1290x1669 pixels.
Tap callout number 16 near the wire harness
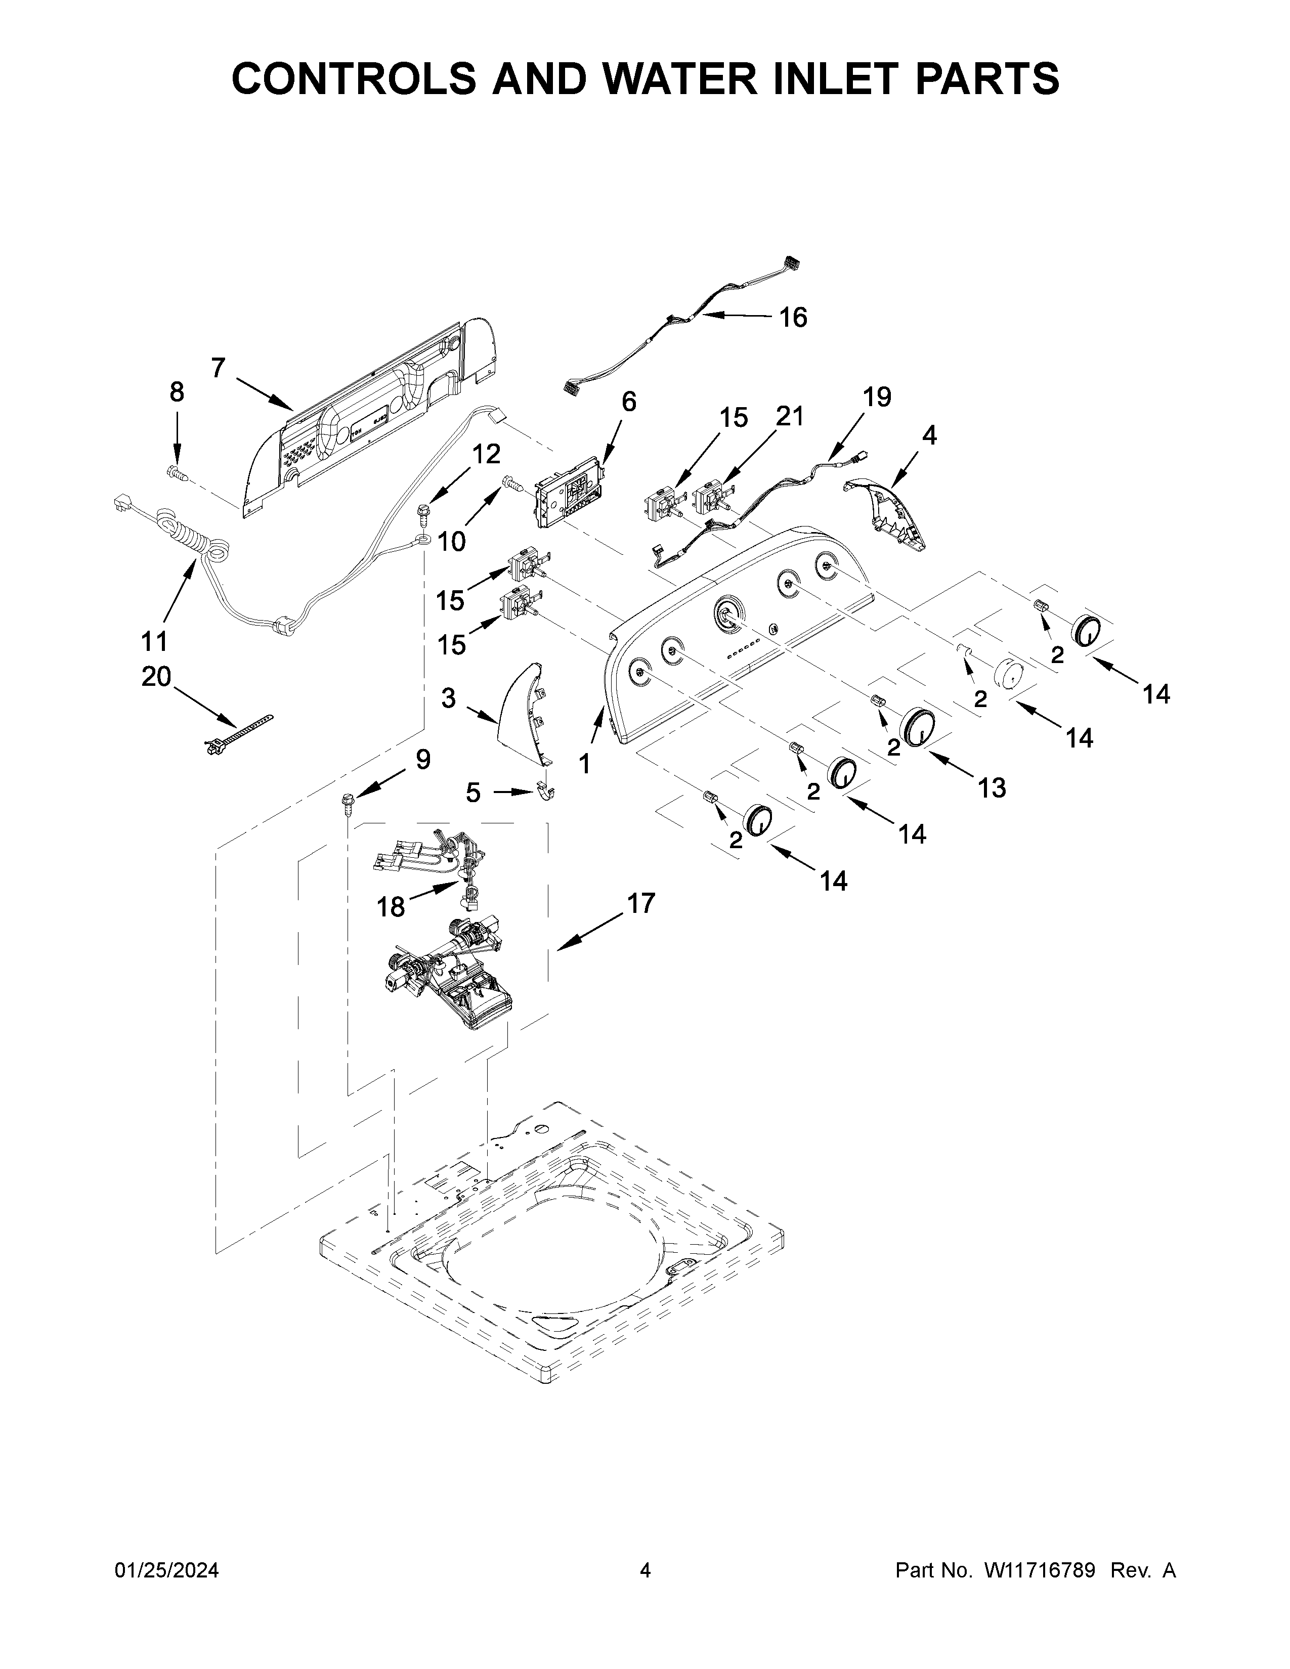(793, 317)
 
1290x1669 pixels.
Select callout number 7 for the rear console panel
(219, 368)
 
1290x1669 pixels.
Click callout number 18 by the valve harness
(391, 907)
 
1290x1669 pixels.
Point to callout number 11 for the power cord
(154, 640)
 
